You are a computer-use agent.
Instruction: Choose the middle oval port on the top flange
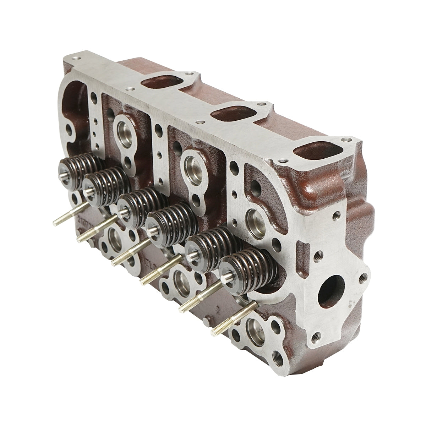[232, 113]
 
